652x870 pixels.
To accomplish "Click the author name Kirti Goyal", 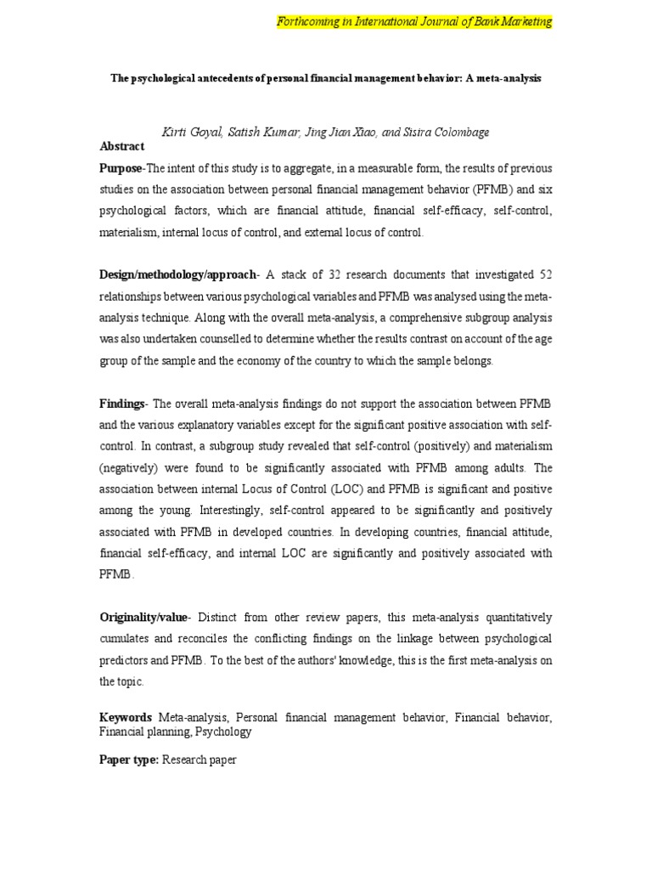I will tap(188, 132).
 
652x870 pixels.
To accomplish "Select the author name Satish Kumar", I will tap(254, 132).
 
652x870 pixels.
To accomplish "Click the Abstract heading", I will tap(122, 146).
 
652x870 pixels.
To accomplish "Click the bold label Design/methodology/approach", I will tap(176, 275).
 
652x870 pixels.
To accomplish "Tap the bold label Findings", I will tap(122, 403).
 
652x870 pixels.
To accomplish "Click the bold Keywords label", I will tap(126, 717).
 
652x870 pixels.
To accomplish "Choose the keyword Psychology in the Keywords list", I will tap(223, 731).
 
